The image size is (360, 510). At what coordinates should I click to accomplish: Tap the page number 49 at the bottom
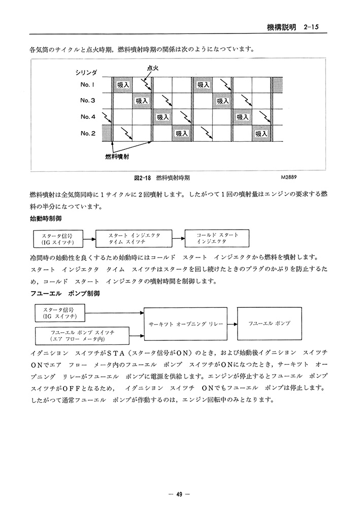pyautogui.click(x=179, y=494)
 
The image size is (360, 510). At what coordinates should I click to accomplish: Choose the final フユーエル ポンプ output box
pyautogui.click(x=269, y=323)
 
